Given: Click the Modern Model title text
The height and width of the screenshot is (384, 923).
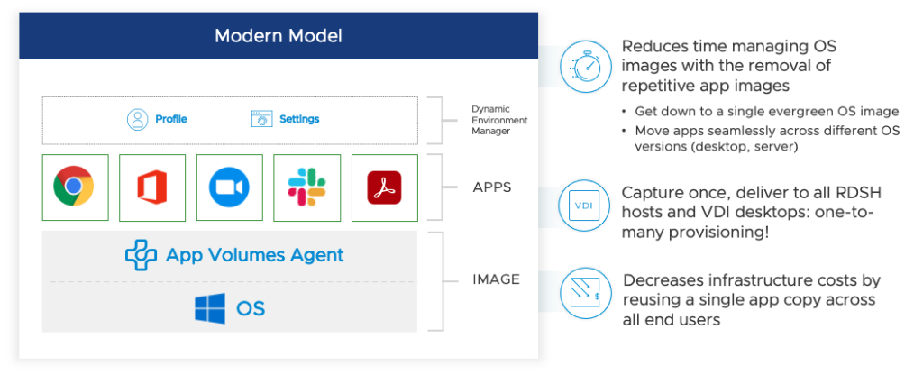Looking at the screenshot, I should pos(278,36).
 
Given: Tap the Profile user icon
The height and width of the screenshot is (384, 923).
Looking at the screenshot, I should pos(137,119).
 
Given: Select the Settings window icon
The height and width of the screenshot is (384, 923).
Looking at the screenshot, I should pos(261,119).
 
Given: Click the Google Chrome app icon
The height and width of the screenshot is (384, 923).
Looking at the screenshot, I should pos(75,187).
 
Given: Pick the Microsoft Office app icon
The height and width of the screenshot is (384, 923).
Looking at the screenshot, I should pos(152,187).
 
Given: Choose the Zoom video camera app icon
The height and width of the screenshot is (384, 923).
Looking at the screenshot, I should pos(229,187).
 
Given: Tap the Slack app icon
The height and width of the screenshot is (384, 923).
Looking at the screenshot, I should pos(307,187).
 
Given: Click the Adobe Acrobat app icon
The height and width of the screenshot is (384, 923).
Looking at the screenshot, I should pos(384,187).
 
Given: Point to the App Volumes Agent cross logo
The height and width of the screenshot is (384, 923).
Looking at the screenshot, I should pos(141,255).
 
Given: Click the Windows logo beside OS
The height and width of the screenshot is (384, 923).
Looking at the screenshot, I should pos(210,308).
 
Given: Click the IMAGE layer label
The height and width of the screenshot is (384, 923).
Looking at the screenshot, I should pos(496,279).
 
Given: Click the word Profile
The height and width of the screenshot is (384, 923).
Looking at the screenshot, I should pos(171,119).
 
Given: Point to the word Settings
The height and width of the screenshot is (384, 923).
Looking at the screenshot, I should pos(299,119).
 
